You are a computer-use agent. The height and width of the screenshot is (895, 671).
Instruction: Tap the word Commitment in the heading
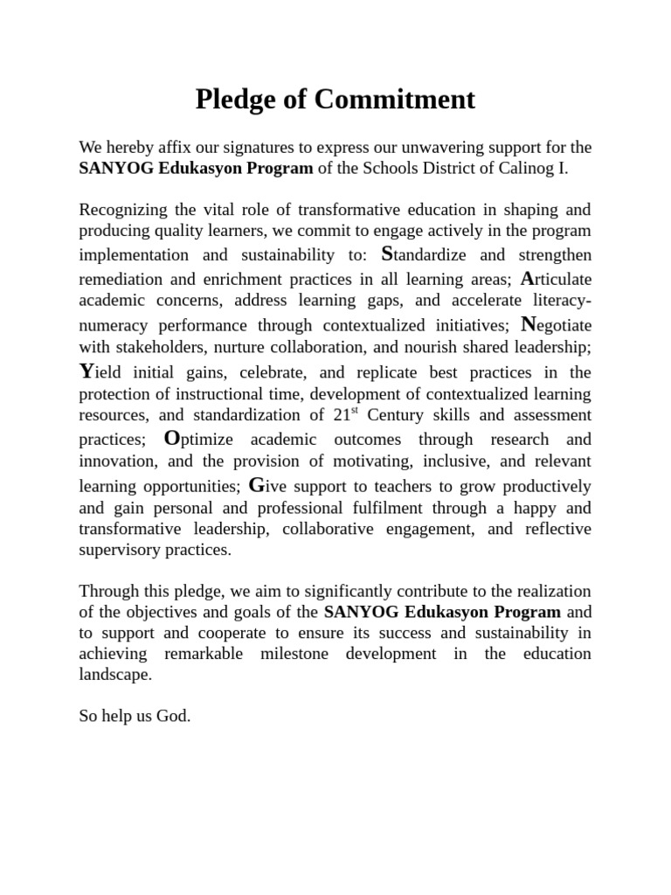394,100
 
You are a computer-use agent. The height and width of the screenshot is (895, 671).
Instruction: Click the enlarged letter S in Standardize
388,253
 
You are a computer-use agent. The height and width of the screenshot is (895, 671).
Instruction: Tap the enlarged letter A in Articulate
527,278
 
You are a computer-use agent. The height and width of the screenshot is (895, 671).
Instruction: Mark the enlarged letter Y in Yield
86,370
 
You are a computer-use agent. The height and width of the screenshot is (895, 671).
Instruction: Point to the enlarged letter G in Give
256,484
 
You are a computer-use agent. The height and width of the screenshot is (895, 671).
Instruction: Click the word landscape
115,675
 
